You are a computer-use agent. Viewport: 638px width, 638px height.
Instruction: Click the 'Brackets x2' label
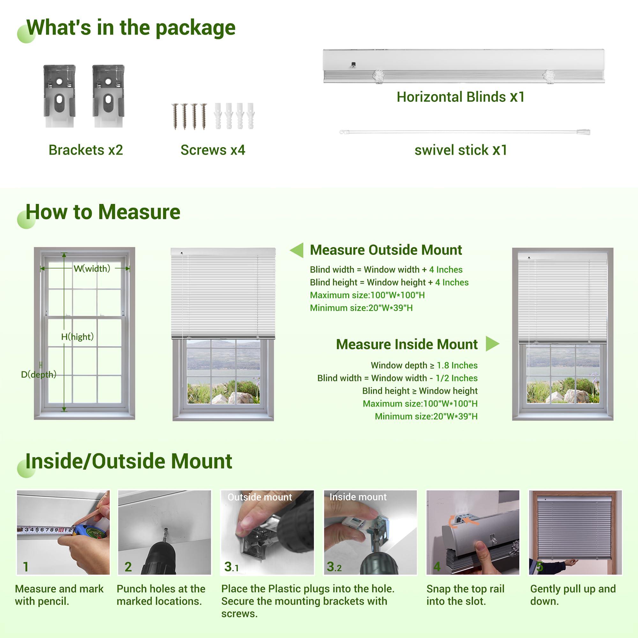click(x=85, y=150)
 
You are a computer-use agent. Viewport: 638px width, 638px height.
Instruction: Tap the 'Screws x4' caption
click(x=213, y=150)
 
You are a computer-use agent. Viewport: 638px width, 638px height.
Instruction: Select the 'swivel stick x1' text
click(x=461, y=150)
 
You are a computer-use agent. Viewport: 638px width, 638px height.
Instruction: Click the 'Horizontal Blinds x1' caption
click(x=461, y=97)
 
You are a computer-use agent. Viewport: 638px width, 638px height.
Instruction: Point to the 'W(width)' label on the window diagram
click(x=92, y=269)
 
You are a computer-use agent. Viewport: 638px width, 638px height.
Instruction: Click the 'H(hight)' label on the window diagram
click(x=77, y=337)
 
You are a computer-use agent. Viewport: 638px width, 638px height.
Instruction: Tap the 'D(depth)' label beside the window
click(x=39, y=375)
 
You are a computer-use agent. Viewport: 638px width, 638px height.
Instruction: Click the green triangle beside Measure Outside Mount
click(x=297, y=250)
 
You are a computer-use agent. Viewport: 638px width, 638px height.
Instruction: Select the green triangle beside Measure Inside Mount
click(x=492, y=344)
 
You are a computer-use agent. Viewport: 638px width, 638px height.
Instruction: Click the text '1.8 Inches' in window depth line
click(x=457, y=365)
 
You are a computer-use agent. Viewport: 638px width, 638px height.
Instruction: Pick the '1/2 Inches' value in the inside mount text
click(x=456, y=378)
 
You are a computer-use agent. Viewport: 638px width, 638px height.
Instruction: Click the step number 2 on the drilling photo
click(x=128, y=567)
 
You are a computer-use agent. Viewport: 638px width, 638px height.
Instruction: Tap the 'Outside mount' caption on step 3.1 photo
click(x=260, y=497)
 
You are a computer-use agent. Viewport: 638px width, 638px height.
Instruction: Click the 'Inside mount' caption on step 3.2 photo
click(x=358, y=497)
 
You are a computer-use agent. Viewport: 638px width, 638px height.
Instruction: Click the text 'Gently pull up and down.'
click(x=573, y=595)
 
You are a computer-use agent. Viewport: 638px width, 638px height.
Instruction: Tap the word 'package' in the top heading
click(x=195, y=28)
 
